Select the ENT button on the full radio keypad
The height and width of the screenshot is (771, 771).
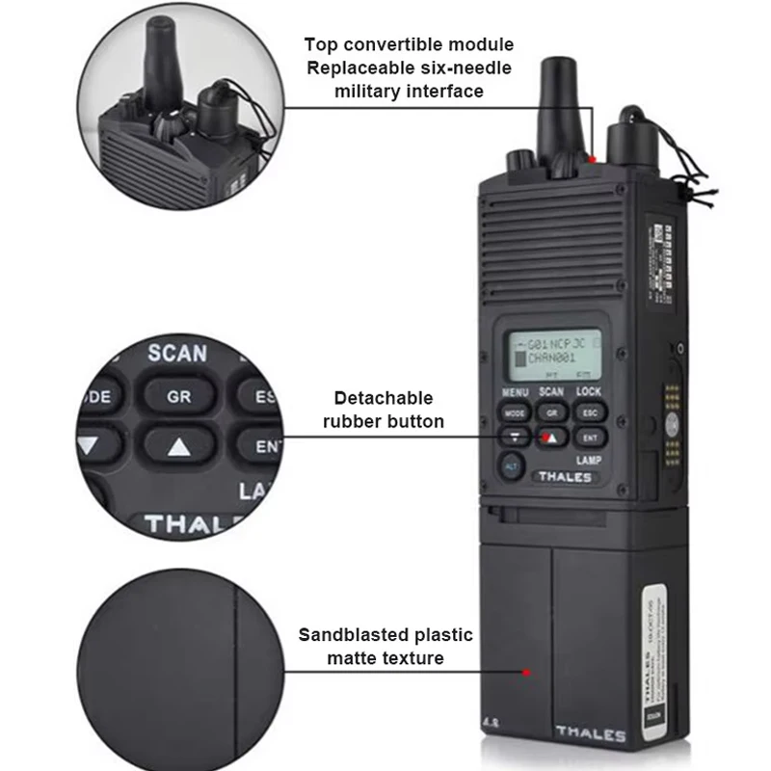(588, 439)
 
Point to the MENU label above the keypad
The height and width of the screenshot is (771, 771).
(515, 392)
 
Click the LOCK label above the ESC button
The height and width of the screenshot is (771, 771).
(588, 392)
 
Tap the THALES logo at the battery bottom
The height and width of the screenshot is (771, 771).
(590, 735)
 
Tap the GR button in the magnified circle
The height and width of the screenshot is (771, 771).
(178, 396)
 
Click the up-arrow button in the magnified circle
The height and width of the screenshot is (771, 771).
(178, 446)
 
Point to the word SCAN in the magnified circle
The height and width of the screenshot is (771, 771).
(177, 354)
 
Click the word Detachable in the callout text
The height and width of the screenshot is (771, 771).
(383, 398)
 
